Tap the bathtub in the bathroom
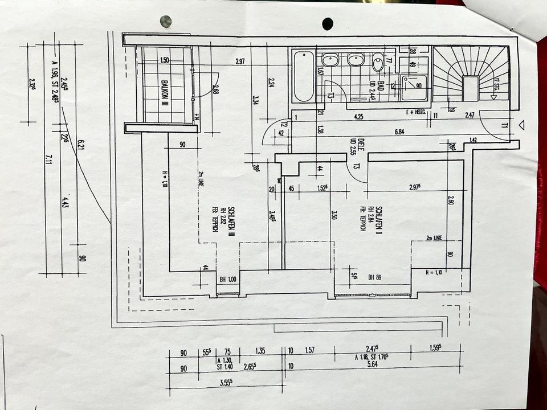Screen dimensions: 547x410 coord(304,76)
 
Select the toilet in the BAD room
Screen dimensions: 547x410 coord(378,62)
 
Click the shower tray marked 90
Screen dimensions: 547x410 coord(414,87)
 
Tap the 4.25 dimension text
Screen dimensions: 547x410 coord(358,117)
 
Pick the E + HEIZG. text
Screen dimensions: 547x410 coord(417,112)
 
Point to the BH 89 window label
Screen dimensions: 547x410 coord(374,277)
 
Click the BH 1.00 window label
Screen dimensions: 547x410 coord(227,280)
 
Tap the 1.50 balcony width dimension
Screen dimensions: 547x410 coord(165,60)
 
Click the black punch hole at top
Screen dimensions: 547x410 coord(328,23)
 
